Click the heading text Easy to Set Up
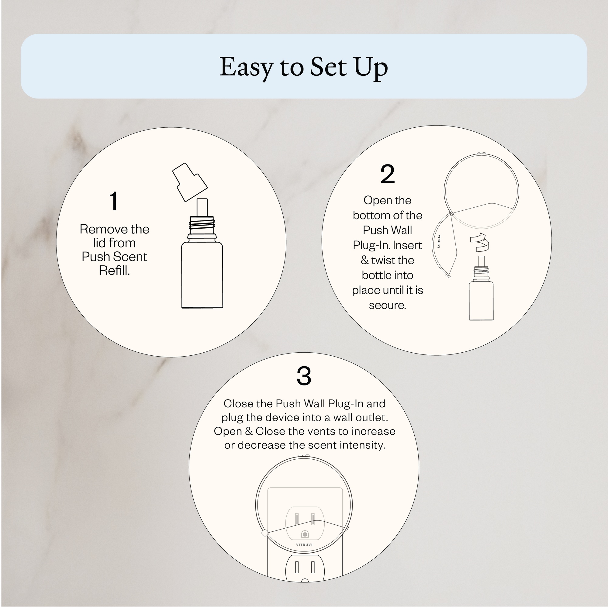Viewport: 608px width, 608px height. click(x=303, y=67)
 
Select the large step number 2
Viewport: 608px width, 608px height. click(x=387, y=174)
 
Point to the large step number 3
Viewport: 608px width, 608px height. click(x=304, y=375)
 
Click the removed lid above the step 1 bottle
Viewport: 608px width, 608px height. click(x=190, y=182)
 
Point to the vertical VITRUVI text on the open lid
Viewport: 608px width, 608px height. click(x=439, y=241)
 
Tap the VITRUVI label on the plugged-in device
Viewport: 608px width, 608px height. click(x=304, y=545)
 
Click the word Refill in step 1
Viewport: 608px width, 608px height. click(x=115, y=271)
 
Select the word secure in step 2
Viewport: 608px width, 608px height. click(x=387, y=305)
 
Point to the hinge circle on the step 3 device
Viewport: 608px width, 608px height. click(x=265, y=533)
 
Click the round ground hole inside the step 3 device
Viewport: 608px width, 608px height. click(x=305, y=534)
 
